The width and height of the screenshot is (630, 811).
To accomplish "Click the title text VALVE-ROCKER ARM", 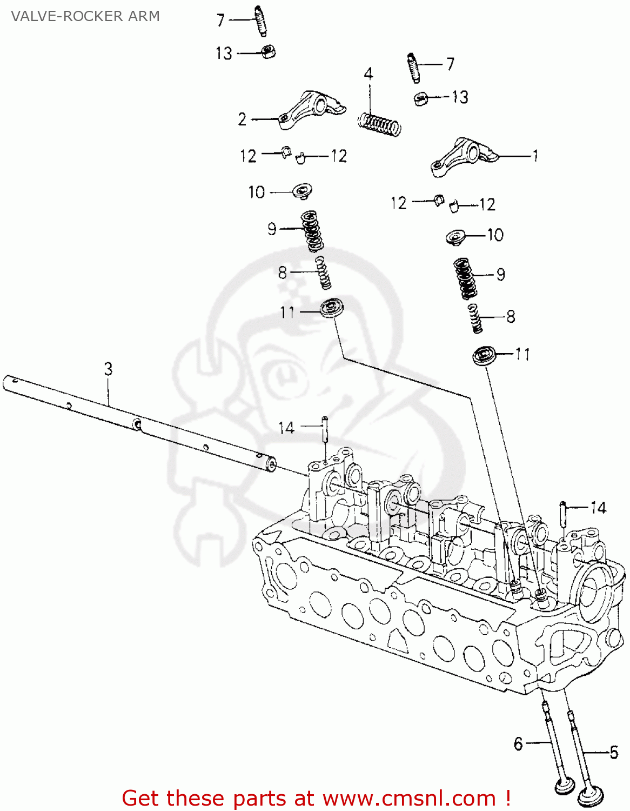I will click(x=85, y=16).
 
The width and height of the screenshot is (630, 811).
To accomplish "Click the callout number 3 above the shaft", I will click(x=108, y=369).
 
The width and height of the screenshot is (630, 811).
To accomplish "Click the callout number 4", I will click(x=368, y=74).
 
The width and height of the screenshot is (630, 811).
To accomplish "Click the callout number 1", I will click(x=535, y=156).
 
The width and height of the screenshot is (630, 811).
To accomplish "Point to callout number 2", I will click(x=243, y=119).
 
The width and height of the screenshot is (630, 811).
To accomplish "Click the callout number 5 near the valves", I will click(x=614, y=752).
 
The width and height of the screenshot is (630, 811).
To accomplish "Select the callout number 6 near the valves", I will click(x=518, y=744).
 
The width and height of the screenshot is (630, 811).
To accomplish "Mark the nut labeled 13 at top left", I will click(x=269, y=52).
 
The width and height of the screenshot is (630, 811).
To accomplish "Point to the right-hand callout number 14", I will click(x=598, y=508).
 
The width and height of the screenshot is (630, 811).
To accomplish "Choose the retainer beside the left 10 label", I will click(x=302, y=190).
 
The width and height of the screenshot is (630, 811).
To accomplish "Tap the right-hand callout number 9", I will click(x=501, y=275).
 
